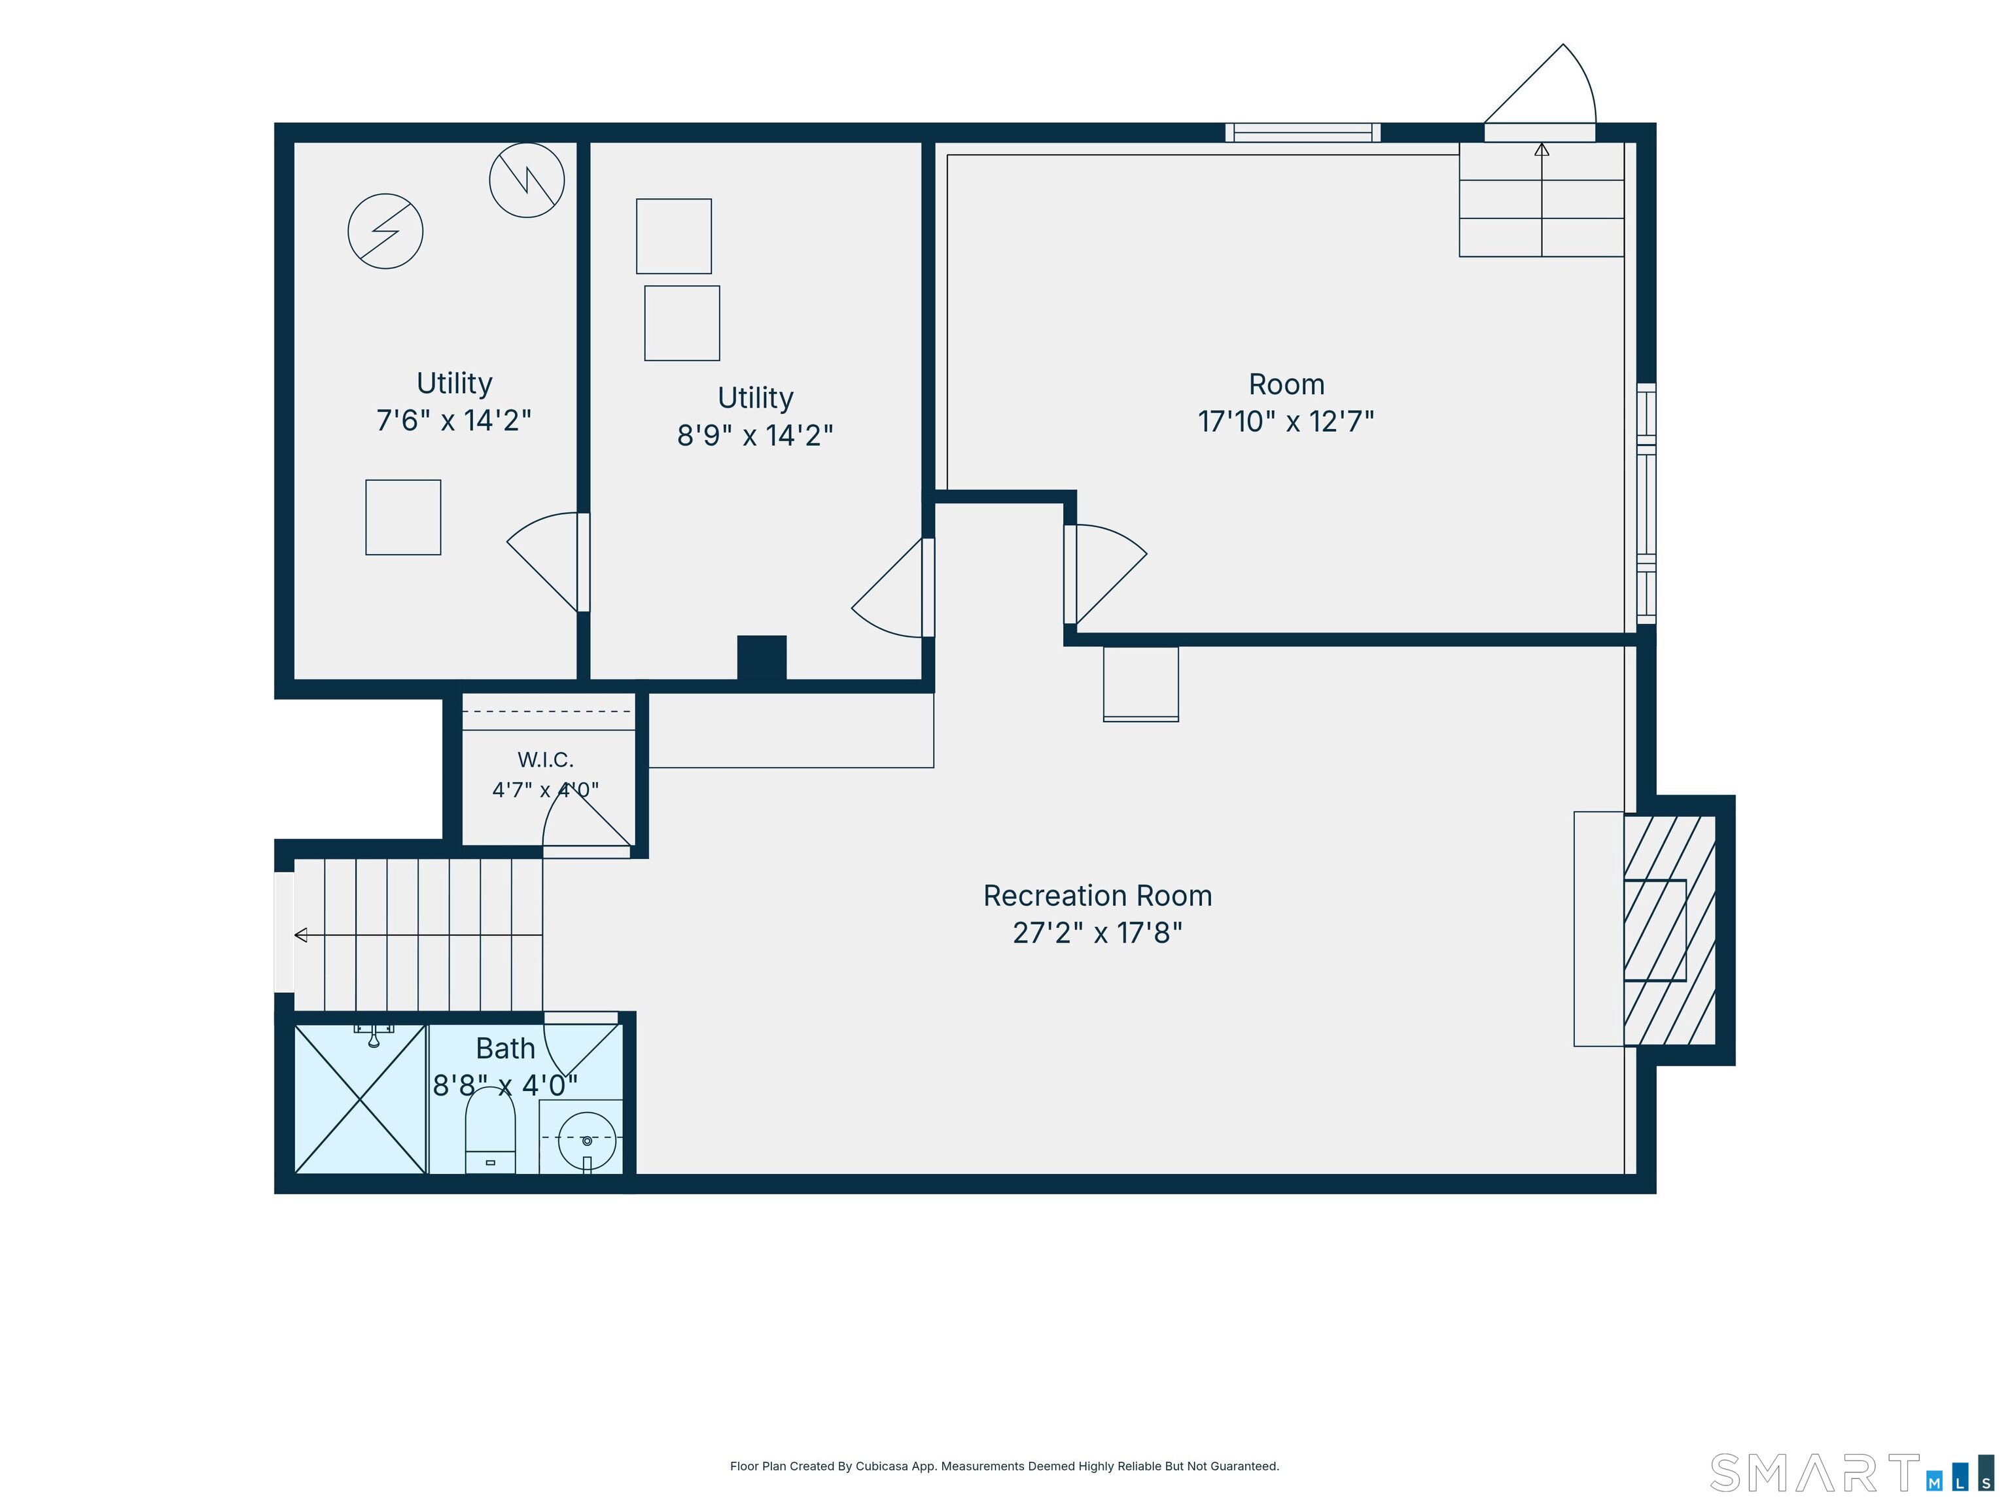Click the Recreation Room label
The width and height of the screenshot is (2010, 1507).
tap(1098, 895)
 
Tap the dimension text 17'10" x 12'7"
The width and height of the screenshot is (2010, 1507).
tap(1286, 421)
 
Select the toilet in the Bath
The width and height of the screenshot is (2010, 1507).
tap(491, 1131)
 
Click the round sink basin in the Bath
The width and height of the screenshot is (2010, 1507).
tap(587, 1140)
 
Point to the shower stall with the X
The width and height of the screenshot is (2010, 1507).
tap(361, 1099)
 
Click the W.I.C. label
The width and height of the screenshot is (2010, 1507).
tap(545, 759)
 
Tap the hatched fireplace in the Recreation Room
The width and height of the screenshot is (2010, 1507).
tap(1669, 929)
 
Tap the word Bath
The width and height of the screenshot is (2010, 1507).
tap(505, 1048)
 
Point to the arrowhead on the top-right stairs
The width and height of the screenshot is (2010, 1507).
tap(1542, 150)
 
